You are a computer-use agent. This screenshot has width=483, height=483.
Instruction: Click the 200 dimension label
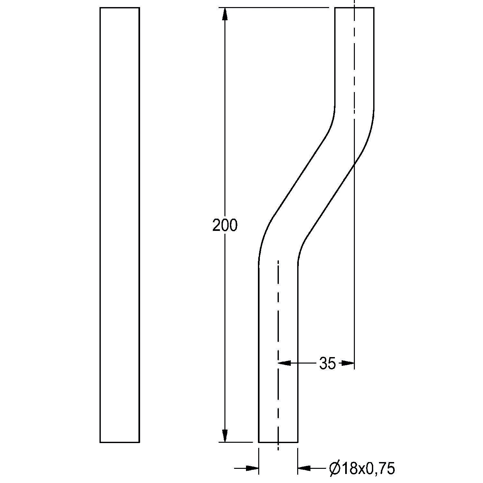tap(225, 225)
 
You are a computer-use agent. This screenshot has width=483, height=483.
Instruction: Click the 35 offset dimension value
tap(327, 364)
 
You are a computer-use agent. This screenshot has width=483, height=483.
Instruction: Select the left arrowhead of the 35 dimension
tap(284, 363)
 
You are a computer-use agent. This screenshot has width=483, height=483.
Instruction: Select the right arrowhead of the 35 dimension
tap(348, 363)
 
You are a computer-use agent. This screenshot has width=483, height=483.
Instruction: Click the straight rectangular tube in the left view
tap(120, 225)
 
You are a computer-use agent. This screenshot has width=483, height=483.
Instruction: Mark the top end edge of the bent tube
tap(354, 8)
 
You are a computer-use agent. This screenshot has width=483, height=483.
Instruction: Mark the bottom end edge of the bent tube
tap(278, 442)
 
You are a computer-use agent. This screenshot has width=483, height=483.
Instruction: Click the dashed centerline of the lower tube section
tap(278, 322)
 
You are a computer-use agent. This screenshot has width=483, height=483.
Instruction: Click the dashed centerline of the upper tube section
tap(354, 64)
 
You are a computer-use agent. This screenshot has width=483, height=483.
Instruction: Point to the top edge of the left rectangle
tap(120, 8)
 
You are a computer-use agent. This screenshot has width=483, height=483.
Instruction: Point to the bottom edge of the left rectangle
tap(120, 442)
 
